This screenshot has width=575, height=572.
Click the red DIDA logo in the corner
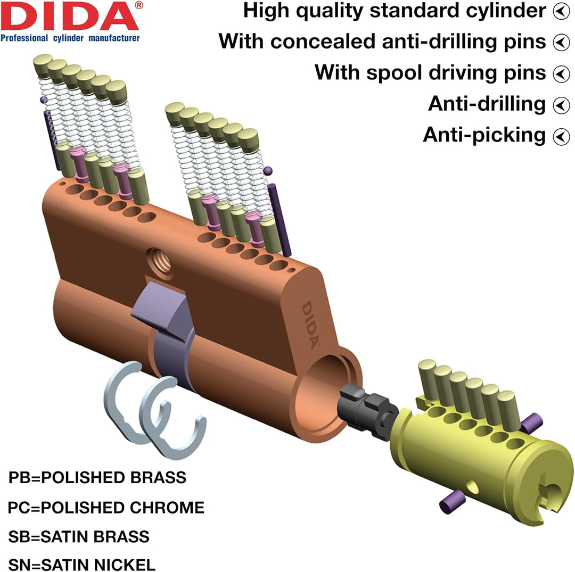pos(70,16)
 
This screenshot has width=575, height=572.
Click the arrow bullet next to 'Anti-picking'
pos(561,136)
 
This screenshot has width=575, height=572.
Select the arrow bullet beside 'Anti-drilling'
pos(561,105)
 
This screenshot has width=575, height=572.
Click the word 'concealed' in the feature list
pos(323,41)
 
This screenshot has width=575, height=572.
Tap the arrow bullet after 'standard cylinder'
pos(561,11)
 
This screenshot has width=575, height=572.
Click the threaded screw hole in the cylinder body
pos(159,261)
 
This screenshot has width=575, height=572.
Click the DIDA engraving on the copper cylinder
pos(310,325)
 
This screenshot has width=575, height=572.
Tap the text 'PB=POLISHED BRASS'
pos(97,477)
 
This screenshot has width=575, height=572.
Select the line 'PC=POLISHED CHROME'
pos(106,508)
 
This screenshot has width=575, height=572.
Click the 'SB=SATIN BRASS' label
pos(79,536)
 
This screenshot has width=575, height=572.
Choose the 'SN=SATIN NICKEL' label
pos(82,565)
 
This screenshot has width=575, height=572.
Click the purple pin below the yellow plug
pos(453,501)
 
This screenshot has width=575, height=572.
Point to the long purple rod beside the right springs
pos(279,220)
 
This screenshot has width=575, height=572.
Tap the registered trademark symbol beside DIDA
pos(139,5)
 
